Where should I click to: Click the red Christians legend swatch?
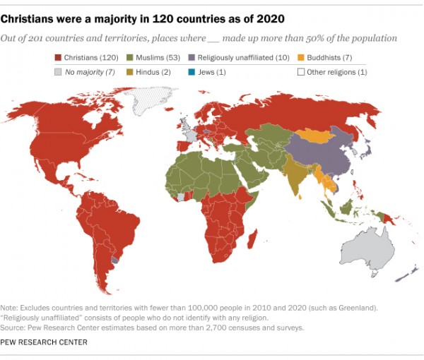coord(59,57)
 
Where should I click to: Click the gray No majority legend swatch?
coord(59,71)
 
